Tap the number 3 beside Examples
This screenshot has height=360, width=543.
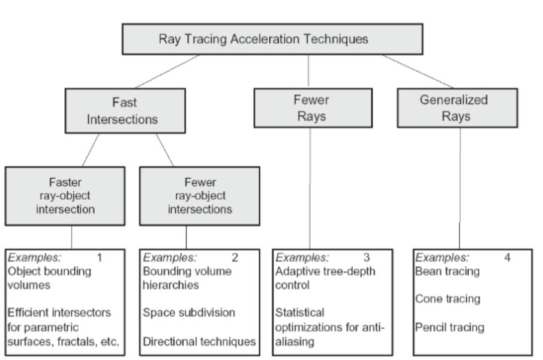coord(367,259)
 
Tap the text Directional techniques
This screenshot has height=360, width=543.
coord(199,342)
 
